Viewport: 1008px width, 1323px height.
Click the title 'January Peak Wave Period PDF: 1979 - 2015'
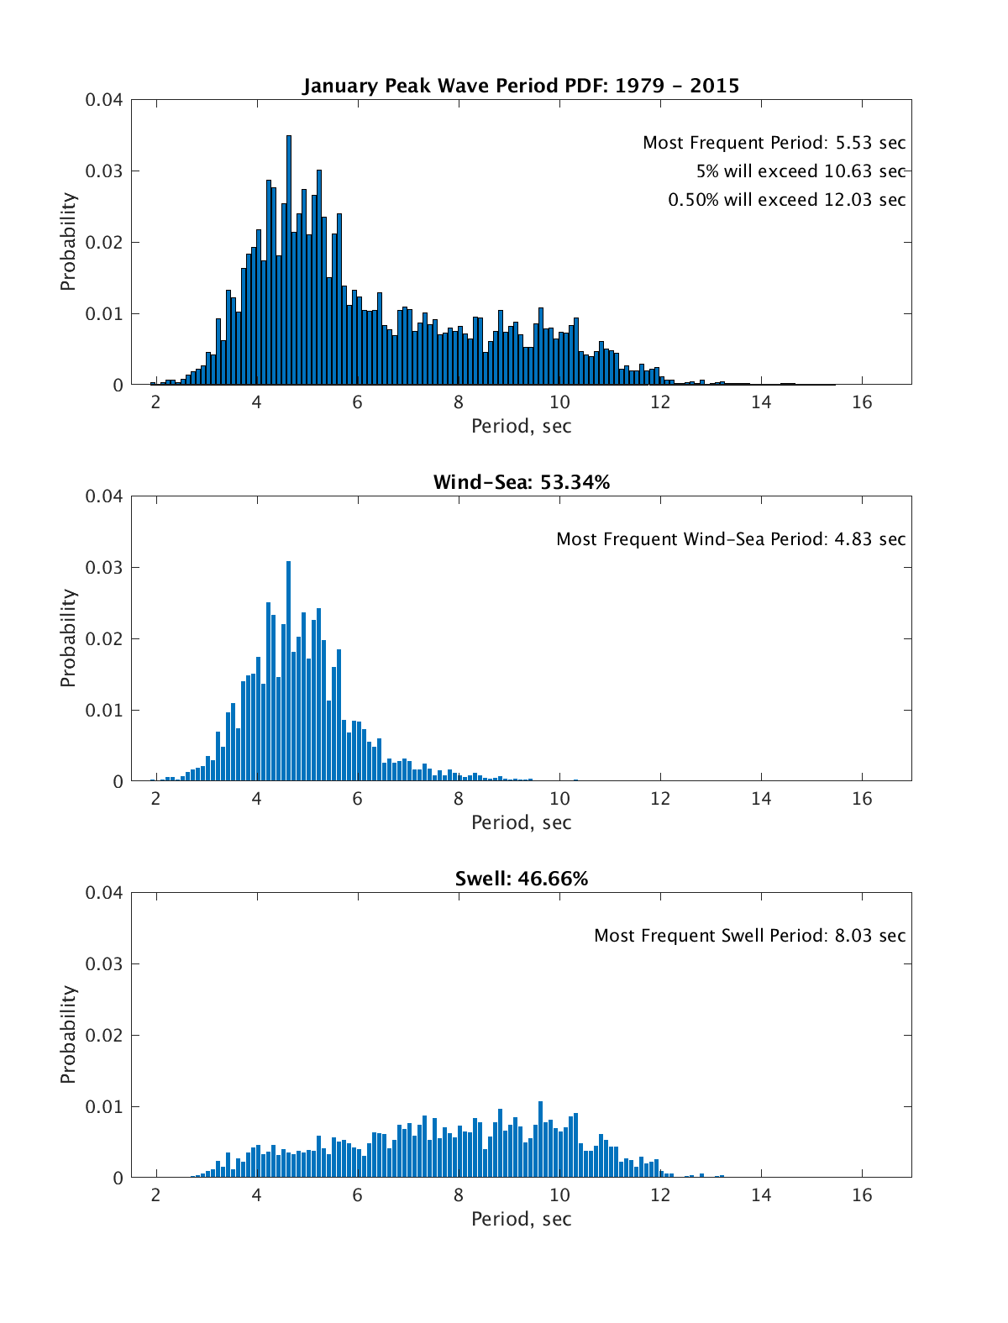[521, 86]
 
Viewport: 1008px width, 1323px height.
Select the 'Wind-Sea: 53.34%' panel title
[521, 482]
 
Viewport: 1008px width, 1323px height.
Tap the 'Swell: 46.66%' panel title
[521, 879]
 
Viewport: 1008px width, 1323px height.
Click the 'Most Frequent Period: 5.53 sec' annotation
[774, 143]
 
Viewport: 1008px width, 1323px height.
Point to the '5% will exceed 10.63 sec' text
[801, 171]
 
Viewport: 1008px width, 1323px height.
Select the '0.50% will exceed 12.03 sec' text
[786, 200]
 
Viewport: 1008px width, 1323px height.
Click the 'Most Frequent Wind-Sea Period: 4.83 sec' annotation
[731, 539]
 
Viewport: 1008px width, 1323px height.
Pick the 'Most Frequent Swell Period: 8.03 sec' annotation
[749, 936]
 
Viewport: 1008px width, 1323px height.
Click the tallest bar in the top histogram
[289, 260]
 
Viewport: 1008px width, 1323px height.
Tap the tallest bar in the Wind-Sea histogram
[289, 672]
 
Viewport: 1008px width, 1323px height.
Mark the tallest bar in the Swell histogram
[540, 1140]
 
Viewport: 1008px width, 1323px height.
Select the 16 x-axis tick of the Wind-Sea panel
[862, 799]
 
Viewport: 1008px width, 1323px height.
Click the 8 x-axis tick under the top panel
[459, 402]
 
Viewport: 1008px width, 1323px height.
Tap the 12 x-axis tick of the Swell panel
[660, 1195]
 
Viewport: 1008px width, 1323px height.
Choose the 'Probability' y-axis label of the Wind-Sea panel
[68, 638]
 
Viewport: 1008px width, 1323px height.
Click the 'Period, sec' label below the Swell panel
[521, 1220]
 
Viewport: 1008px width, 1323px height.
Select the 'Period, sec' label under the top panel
[521, 427]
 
